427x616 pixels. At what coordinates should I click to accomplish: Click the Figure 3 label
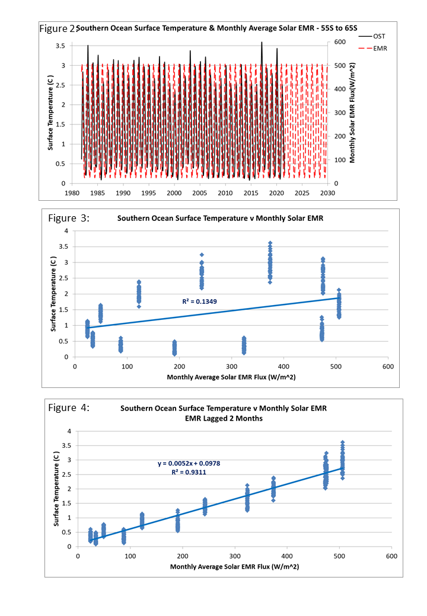pyautogui.click(x=69, y=217)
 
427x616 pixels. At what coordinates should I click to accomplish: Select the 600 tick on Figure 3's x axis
pyautogui.click(x=388, y=366)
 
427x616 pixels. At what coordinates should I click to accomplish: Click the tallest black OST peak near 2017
pyautogui.click(x=262, y=43)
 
